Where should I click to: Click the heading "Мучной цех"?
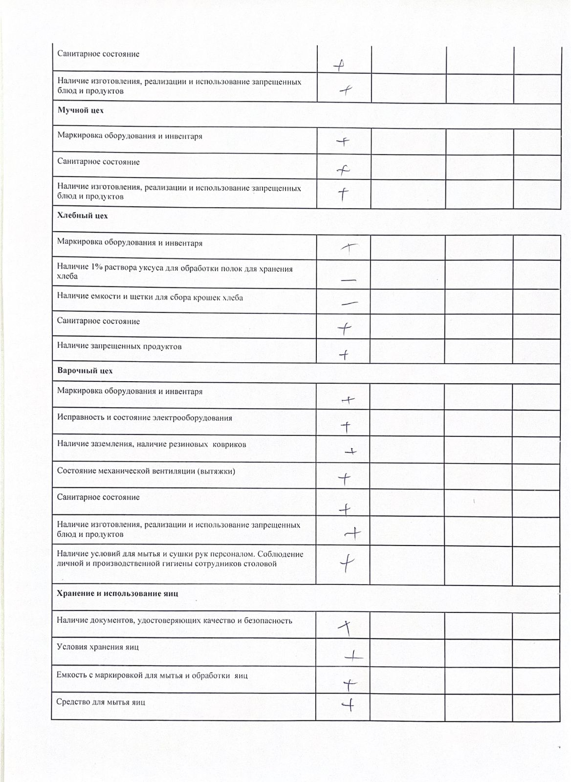click(x=81, y=110)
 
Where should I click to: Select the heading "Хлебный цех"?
click(x=83, y=216)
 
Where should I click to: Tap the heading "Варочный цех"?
click(x=85, y=370)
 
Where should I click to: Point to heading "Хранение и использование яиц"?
click(x=117, y=593)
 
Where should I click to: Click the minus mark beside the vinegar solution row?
click(x=348, y=280)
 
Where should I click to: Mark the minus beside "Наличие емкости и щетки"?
click(x=349, y=303)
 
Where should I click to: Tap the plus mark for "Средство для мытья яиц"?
click(x=348, y=704)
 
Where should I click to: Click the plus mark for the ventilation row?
click(x=345, y=478)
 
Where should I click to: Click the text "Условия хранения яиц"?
click(x=98, y=647)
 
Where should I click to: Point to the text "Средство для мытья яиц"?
click(x=101, y=702)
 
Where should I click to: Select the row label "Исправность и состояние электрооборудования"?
click(x=145, y=418)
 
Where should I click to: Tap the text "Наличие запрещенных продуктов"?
click(x=119, y=347)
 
